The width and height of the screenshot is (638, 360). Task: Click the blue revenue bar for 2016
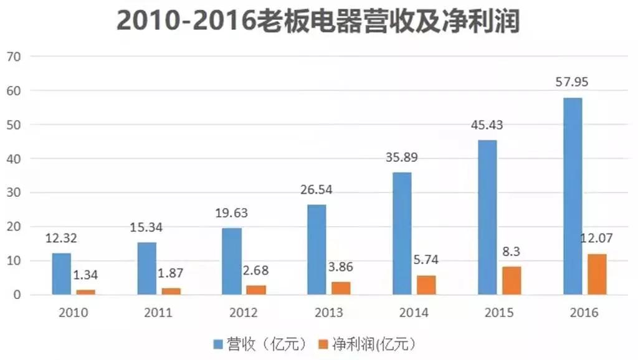click(573, 196)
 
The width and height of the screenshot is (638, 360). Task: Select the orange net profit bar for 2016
click(596, 274)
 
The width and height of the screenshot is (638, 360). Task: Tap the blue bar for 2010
click(61, 273)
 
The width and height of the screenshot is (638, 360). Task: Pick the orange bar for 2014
click(426, 285)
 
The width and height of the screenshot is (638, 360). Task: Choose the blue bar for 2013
click(317, 249)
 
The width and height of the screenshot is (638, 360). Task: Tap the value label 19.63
click(231, 213)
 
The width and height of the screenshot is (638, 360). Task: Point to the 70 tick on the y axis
click(14, 57)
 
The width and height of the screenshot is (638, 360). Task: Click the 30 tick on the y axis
click(14, 193)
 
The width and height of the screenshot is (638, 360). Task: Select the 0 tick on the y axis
click(17, 295)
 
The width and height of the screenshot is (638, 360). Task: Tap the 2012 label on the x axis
click(242, 313)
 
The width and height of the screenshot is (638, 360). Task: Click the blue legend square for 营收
click(218, 344)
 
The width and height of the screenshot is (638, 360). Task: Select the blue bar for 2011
click(146, 268)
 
